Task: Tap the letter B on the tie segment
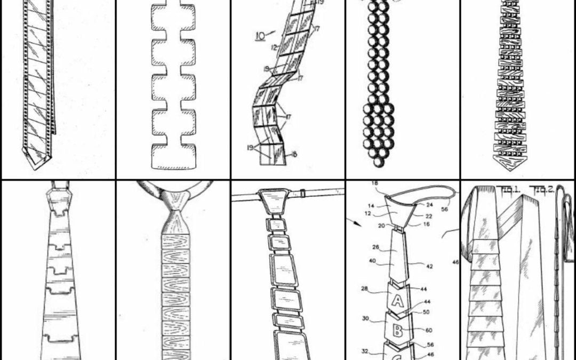point(398,329)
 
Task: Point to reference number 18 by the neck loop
point(374,183)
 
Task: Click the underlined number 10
point(260,36)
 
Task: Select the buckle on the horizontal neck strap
point(303,191)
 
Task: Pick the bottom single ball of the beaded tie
point(378,160)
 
